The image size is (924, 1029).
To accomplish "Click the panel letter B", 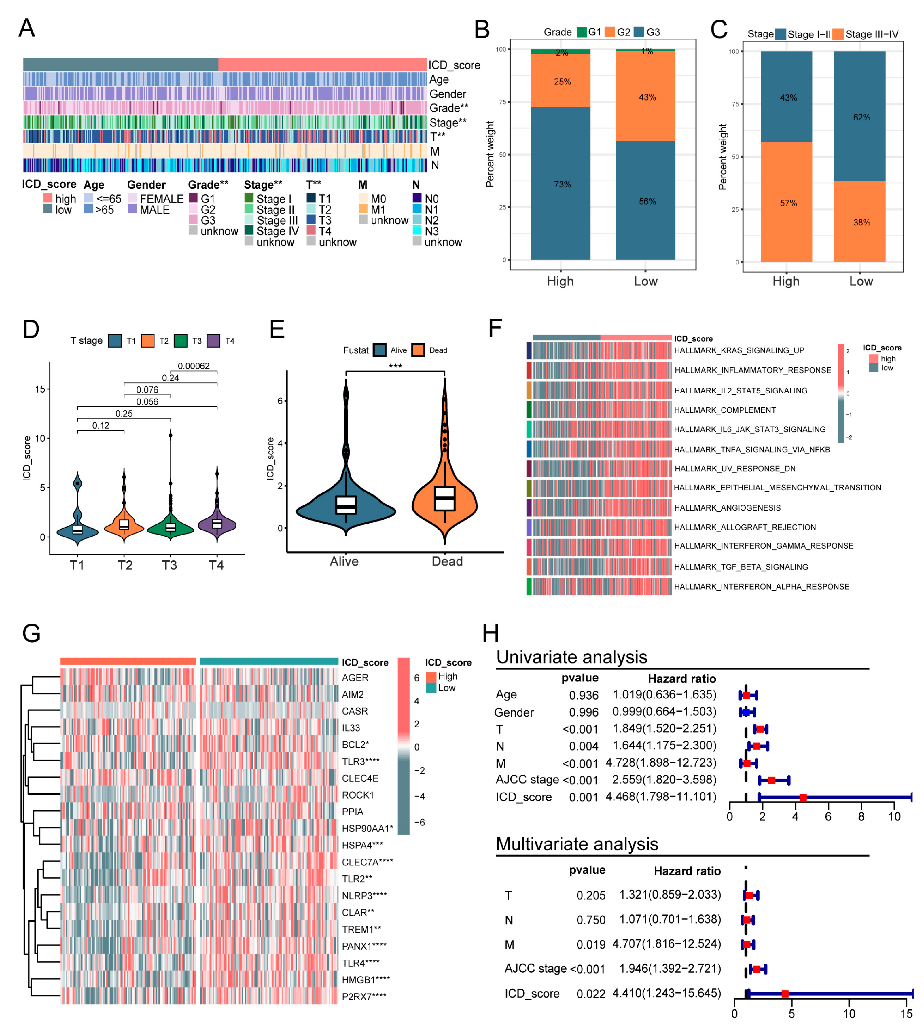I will coord(481,29).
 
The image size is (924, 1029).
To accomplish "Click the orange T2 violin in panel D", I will coord(124,525).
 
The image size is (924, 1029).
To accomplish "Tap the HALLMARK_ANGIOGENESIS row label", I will coord(726,508).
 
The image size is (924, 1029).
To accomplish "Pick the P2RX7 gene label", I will coord(363,996).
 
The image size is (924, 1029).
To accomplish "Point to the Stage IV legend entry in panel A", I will coord(277,231).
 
